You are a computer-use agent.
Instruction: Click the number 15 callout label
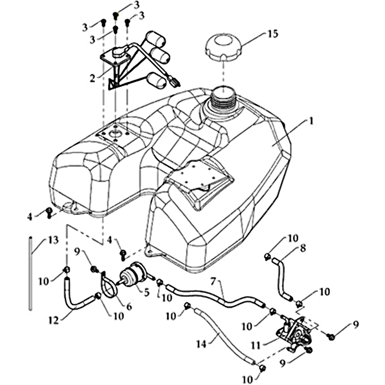273,34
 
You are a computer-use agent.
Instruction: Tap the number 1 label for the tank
311,121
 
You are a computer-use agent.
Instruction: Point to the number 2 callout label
92,78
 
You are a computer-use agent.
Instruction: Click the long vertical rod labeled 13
30,272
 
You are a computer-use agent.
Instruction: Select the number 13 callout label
52,240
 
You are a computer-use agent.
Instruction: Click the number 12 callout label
54,321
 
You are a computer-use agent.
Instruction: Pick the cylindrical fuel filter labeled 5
133,275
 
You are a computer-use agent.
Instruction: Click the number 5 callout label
146,293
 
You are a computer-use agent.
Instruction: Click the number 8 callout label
303,248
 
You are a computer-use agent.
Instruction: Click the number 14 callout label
201,344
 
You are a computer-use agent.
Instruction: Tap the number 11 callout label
256,346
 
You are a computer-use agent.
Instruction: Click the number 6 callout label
128,306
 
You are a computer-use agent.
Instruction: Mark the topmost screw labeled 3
116,15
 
